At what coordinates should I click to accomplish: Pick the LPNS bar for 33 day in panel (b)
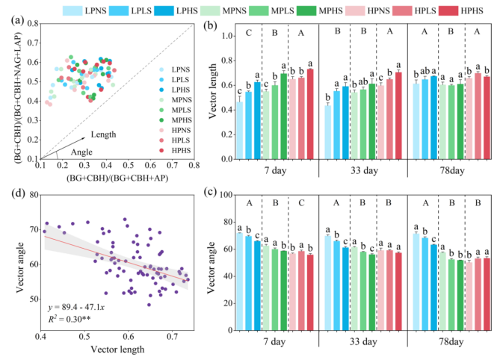(327, 131)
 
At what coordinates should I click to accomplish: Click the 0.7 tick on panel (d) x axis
(172, 339)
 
